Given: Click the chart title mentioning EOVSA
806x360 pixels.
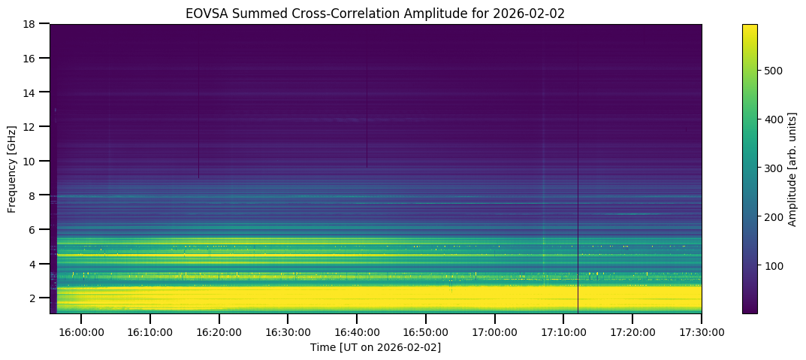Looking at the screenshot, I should click(376, 13).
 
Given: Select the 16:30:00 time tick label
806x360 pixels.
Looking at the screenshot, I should click(288, 331).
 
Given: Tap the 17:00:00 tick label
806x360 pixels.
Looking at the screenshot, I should click(494, 331).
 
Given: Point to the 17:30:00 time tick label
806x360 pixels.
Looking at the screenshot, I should click(702, 331).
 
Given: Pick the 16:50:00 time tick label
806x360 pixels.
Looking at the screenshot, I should click(426, 331).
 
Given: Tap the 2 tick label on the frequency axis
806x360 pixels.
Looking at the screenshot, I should click(33, 298).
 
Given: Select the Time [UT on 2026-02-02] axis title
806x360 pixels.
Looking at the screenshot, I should click(376, 346).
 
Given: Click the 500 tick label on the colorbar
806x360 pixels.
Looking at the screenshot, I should click(777, 71).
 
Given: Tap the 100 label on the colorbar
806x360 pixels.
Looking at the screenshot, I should click(777, 265).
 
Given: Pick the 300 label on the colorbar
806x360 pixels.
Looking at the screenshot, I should click(777, 168).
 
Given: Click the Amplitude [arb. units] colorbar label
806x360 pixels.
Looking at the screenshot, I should click(792, 168).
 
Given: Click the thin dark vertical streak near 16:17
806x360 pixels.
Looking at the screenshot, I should click(198, 120).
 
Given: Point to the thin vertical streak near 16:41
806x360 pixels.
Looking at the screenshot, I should click(367, 113).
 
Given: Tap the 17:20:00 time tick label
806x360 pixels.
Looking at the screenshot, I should click(632, 331).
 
